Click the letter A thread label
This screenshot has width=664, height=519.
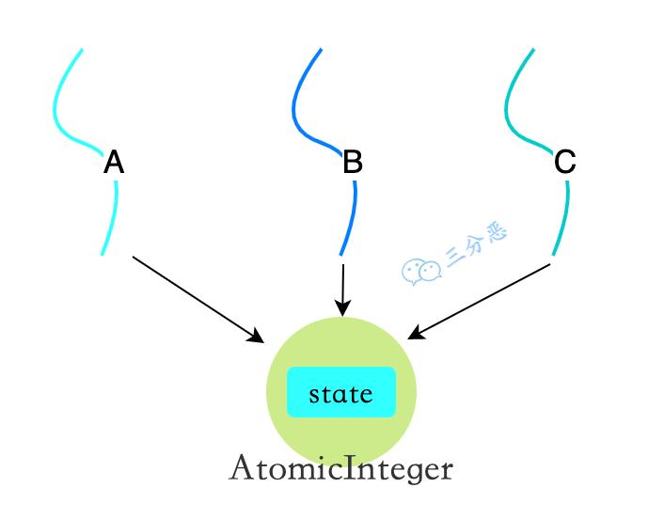pyautogui.click(x=114, y=163)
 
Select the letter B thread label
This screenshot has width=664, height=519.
pyautogui.click(x=353, y=163)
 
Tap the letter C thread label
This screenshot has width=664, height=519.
pyautogui.click(x=564, y=163)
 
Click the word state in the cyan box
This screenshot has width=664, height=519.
pyautogui.click(x=340, y=393)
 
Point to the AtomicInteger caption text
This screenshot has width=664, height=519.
pyautogui.click(x=340, y=468)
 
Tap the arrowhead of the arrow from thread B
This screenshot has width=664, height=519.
pyautogui.click(x=342, y=309)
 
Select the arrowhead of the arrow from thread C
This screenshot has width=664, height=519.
pyautogui.click(x=414, y=335)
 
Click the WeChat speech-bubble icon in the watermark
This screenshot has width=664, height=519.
pyautogui.click(x=421, y=271)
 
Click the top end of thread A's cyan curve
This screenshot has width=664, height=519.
pyautogui.click(x=82, y=49)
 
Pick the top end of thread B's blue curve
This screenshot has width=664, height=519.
pyautogui.click(x=322, y=49)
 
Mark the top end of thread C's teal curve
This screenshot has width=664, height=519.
pyautogui.click(x=534, y=49)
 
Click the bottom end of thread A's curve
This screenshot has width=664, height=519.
pyautogui.click(x=102, y=254)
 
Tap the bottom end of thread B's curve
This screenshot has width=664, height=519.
pyautogui.click(x=340, y=254)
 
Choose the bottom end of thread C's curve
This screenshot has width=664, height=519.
pyautogui.click(x=553, y=254)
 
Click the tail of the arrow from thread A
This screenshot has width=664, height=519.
pyautogui.click(x=134, y=257)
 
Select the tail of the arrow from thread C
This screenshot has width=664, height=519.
pyautogui.click(x=549, y=264)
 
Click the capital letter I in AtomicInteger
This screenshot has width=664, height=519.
pyautogui.click(x=353, y=467)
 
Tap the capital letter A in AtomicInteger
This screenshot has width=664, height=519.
pyautogui.click(x=241, y=467)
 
